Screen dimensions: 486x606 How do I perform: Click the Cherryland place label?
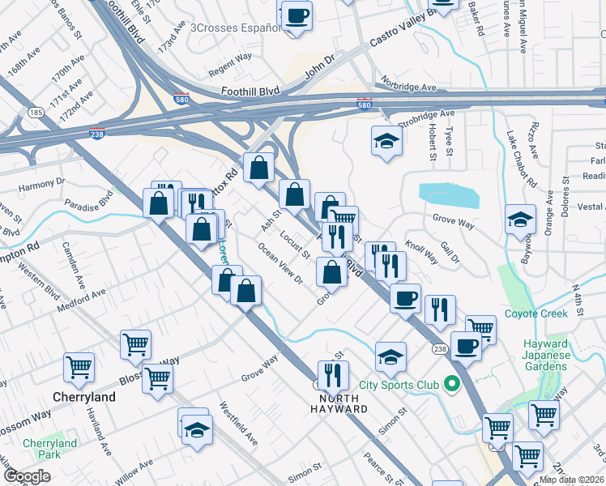pos(84,398)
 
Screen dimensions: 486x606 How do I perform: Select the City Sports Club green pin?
pos(453,384)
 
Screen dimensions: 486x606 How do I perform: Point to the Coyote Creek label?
pos(536,313)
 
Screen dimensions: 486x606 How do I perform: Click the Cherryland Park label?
pos(49,449)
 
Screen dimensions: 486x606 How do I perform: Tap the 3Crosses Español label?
pos(235,27)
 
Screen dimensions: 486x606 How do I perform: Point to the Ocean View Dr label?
pos(280,263)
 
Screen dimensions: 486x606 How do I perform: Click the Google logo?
pos(27,476)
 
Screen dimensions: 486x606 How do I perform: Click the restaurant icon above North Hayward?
pos(332,375)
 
